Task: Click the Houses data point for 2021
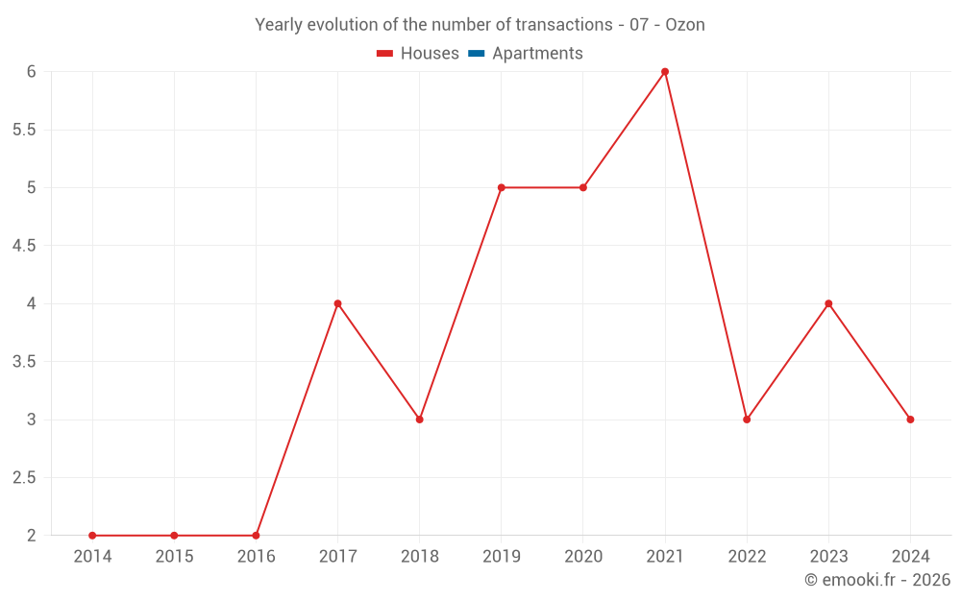point(665,72)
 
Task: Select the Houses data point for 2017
point(337,303)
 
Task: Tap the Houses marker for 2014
point(92,536)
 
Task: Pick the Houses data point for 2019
point(502,187)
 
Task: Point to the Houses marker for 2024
point(910,420)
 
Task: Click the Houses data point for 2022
point(747,420)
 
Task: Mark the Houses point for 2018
point(420,420)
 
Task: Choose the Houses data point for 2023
point(828,303)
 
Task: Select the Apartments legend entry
point(537,54)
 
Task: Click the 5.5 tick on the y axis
point(24,130)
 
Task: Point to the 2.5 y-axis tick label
point(24,478)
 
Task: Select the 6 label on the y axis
point(31,72)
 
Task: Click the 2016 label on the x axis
point(256,557)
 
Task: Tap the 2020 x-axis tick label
point(583,557)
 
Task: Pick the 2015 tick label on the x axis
point(174,557)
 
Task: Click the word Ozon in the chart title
point(685,25)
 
